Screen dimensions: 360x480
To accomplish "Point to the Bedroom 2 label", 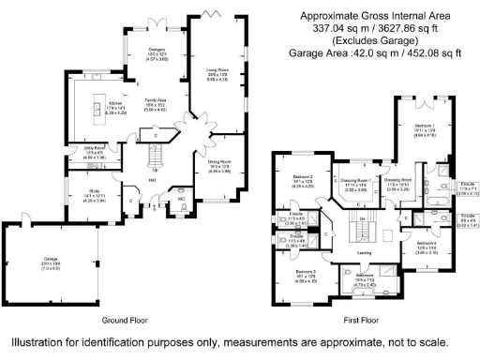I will pos(303,176).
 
